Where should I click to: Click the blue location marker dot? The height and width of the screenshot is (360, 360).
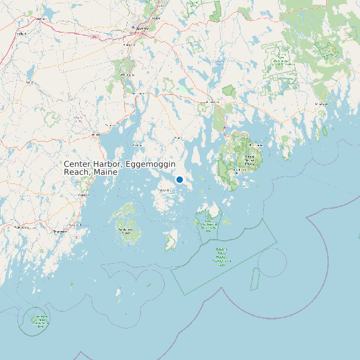(179, 179)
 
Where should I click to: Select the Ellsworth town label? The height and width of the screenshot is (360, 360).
(213, 102)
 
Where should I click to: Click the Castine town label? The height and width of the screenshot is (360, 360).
(139, 144)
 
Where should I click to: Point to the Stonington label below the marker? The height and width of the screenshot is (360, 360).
(165, 190)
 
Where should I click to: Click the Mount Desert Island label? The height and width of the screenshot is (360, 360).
(249, 159)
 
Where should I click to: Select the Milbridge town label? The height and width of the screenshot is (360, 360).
(321, 104)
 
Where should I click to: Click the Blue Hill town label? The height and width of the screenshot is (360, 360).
(178, 137)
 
